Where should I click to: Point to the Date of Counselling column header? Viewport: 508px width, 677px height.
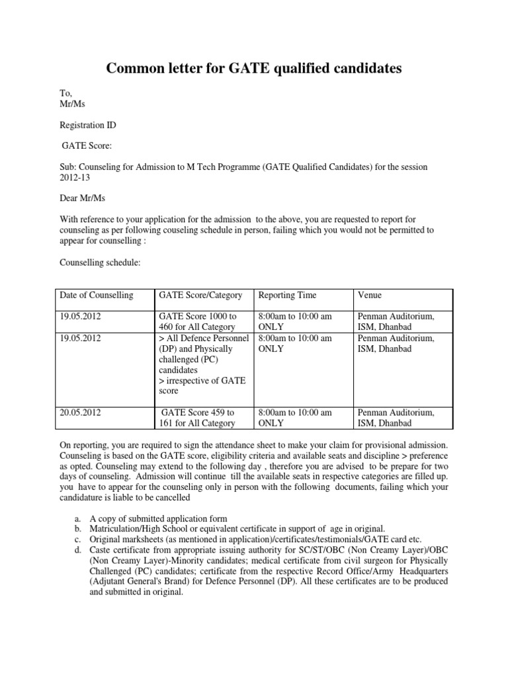(x=96, y=295)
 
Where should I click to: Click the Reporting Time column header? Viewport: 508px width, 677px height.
(x=287, y=295)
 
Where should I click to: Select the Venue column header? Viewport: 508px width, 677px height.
(x=369, y=295)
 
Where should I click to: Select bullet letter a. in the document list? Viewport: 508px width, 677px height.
(x=79, y=518)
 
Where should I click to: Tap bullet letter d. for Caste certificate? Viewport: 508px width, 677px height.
(x=79, y=550)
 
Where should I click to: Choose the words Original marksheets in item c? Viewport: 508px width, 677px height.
(x=124, y=539)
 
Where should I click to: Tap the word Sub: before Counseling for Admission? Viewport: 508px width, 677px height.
(x=67, y=167)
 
